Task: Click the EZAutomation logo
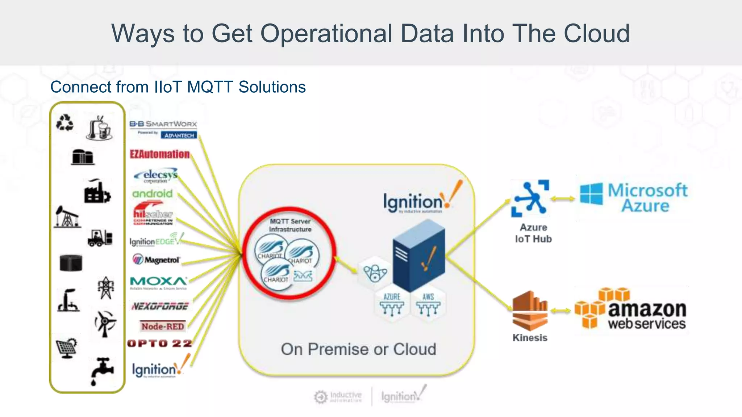point(160,154)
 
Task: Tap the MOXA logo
point(158,282)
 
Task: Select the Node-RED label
point(163,326)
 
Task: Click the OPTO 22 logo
point(160,343)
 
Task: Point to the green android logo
point(153,194)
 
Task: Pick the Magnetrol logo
point(156,260)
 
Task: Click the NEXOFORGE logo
point(160,306)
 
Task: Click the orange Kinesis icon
point(530,310)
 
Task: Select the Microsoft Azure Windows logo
point(591,194)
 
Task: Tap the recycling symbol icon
point(65,122)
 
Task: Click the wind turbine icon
point(105,323)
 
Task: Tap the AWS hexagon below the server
point(428,304)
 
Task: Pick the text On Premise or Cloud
point(358,349)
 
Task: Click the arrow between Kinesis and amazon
point(561,311)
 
